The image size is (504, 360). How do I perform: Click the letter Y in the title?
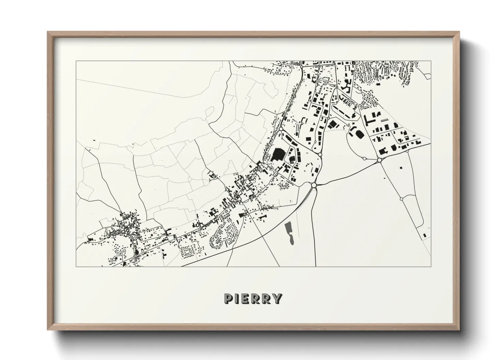pyautogui.click(x=278, y=298)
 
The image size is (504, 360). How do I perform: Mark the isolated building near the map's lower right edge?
pyautogui.click(x=424, y=235)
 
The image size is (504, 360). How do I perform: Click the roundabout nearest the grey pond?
pyautogui.click(x=314, y=185)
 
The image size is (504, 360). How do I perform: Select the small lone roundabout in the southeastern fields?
pyautogui.click(x=401, y=199)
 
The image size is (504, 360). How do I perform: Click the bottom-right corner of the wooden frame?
pyautogui.click(x=459, y=329)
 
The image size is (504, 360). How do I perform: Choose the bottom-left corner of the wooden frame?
pyautogui.click(x=48, y=329)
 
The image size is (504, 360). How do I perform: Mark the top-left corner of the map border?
pyautogui.click(x=76, y=61)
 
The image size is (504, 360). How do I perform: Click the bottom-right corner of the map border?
pyautogui.click(x=431, y=266)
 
